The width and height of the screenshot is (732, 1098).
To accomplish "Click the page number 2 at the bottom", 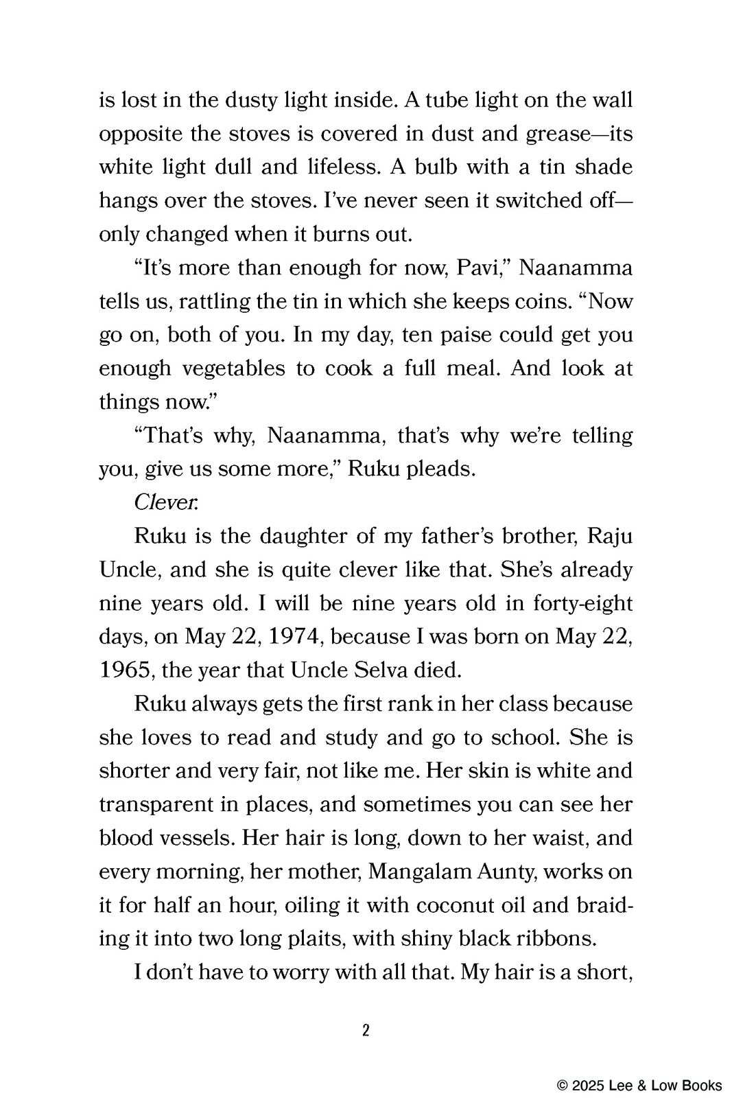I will (366, 1031).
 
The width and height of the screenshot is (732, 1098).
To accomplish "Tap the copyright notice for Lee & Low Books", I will (639, 1085).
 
